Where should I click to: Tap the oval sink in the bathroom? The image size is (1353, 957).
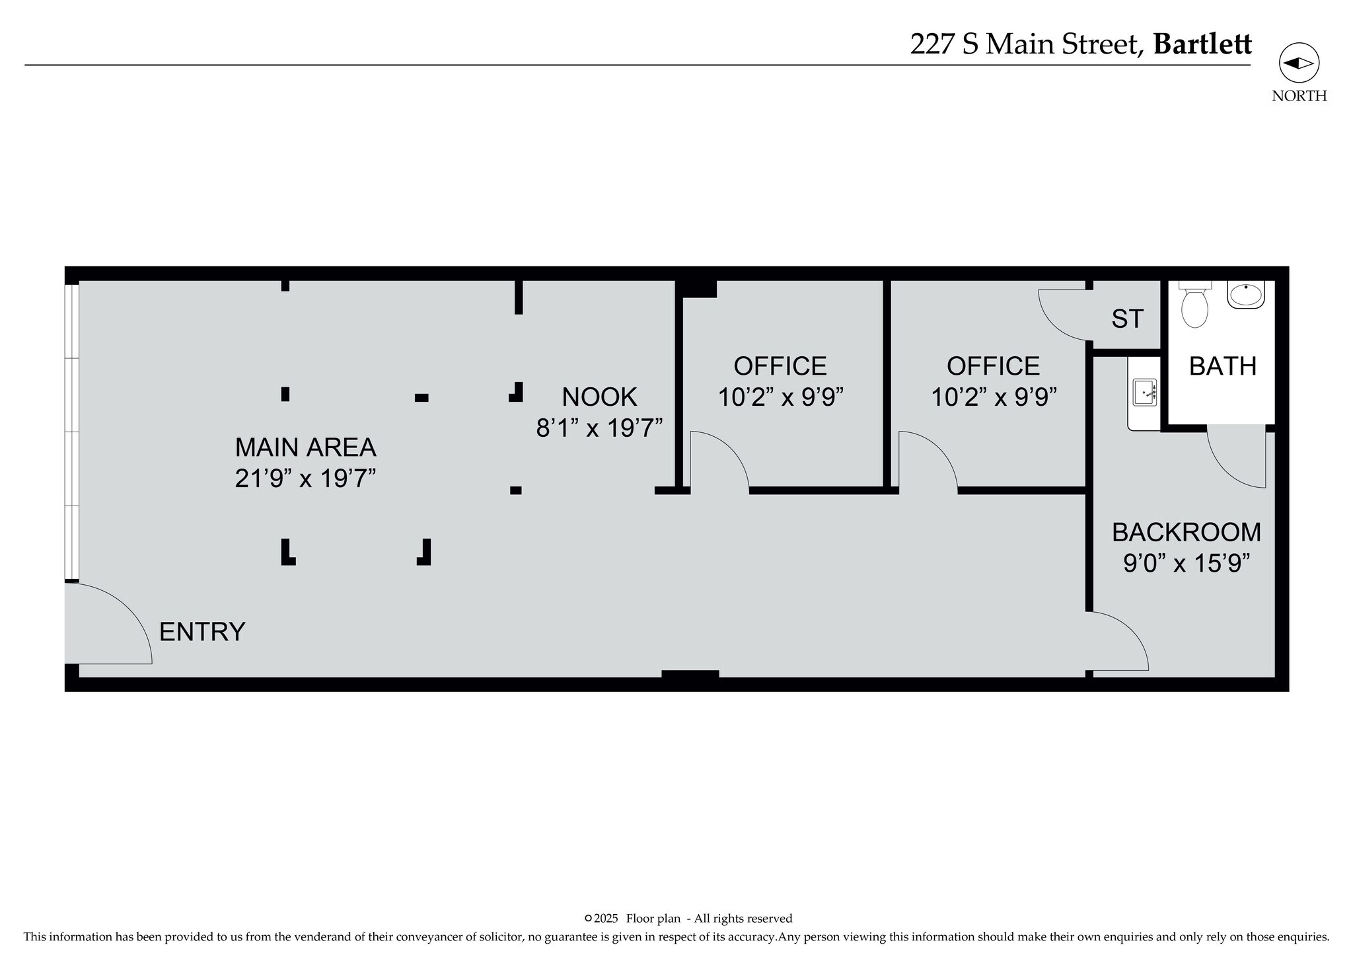click(x=1246, y=294)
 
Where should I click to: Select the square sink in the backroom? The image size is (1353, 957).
click(x=1145, y=393)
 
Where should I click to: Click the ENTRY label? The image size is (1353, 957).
click(x=202, y=632)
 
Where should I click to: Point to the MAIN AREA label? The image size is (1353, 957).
click(x=305, y=447)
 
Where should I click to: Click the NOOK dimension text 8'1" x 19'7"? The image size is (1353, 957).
click(x=599, y=428)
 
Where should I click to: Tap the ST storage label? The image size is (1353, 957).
click(x=1127, y=319)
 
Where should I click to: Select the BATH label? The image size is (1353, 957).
click(x=1223, y=366)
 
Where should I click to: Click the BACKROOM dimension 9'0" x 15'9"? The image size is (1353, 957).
click(x=1187, y=563)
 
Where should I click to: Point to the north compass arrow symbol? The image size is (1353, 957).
click(x=1299, y=63)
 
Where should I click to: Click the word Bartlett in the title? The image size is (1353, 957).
click(x=1202, y=44)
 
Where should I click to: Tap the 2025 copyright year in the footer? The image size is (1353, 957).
click(x=606, y=918)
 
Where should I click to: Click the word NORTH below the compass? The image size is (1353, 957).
click(x=1299, y=96)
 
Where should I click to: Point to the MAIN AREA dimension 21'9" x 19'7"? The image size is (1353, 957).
click(x=305, y=478)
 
